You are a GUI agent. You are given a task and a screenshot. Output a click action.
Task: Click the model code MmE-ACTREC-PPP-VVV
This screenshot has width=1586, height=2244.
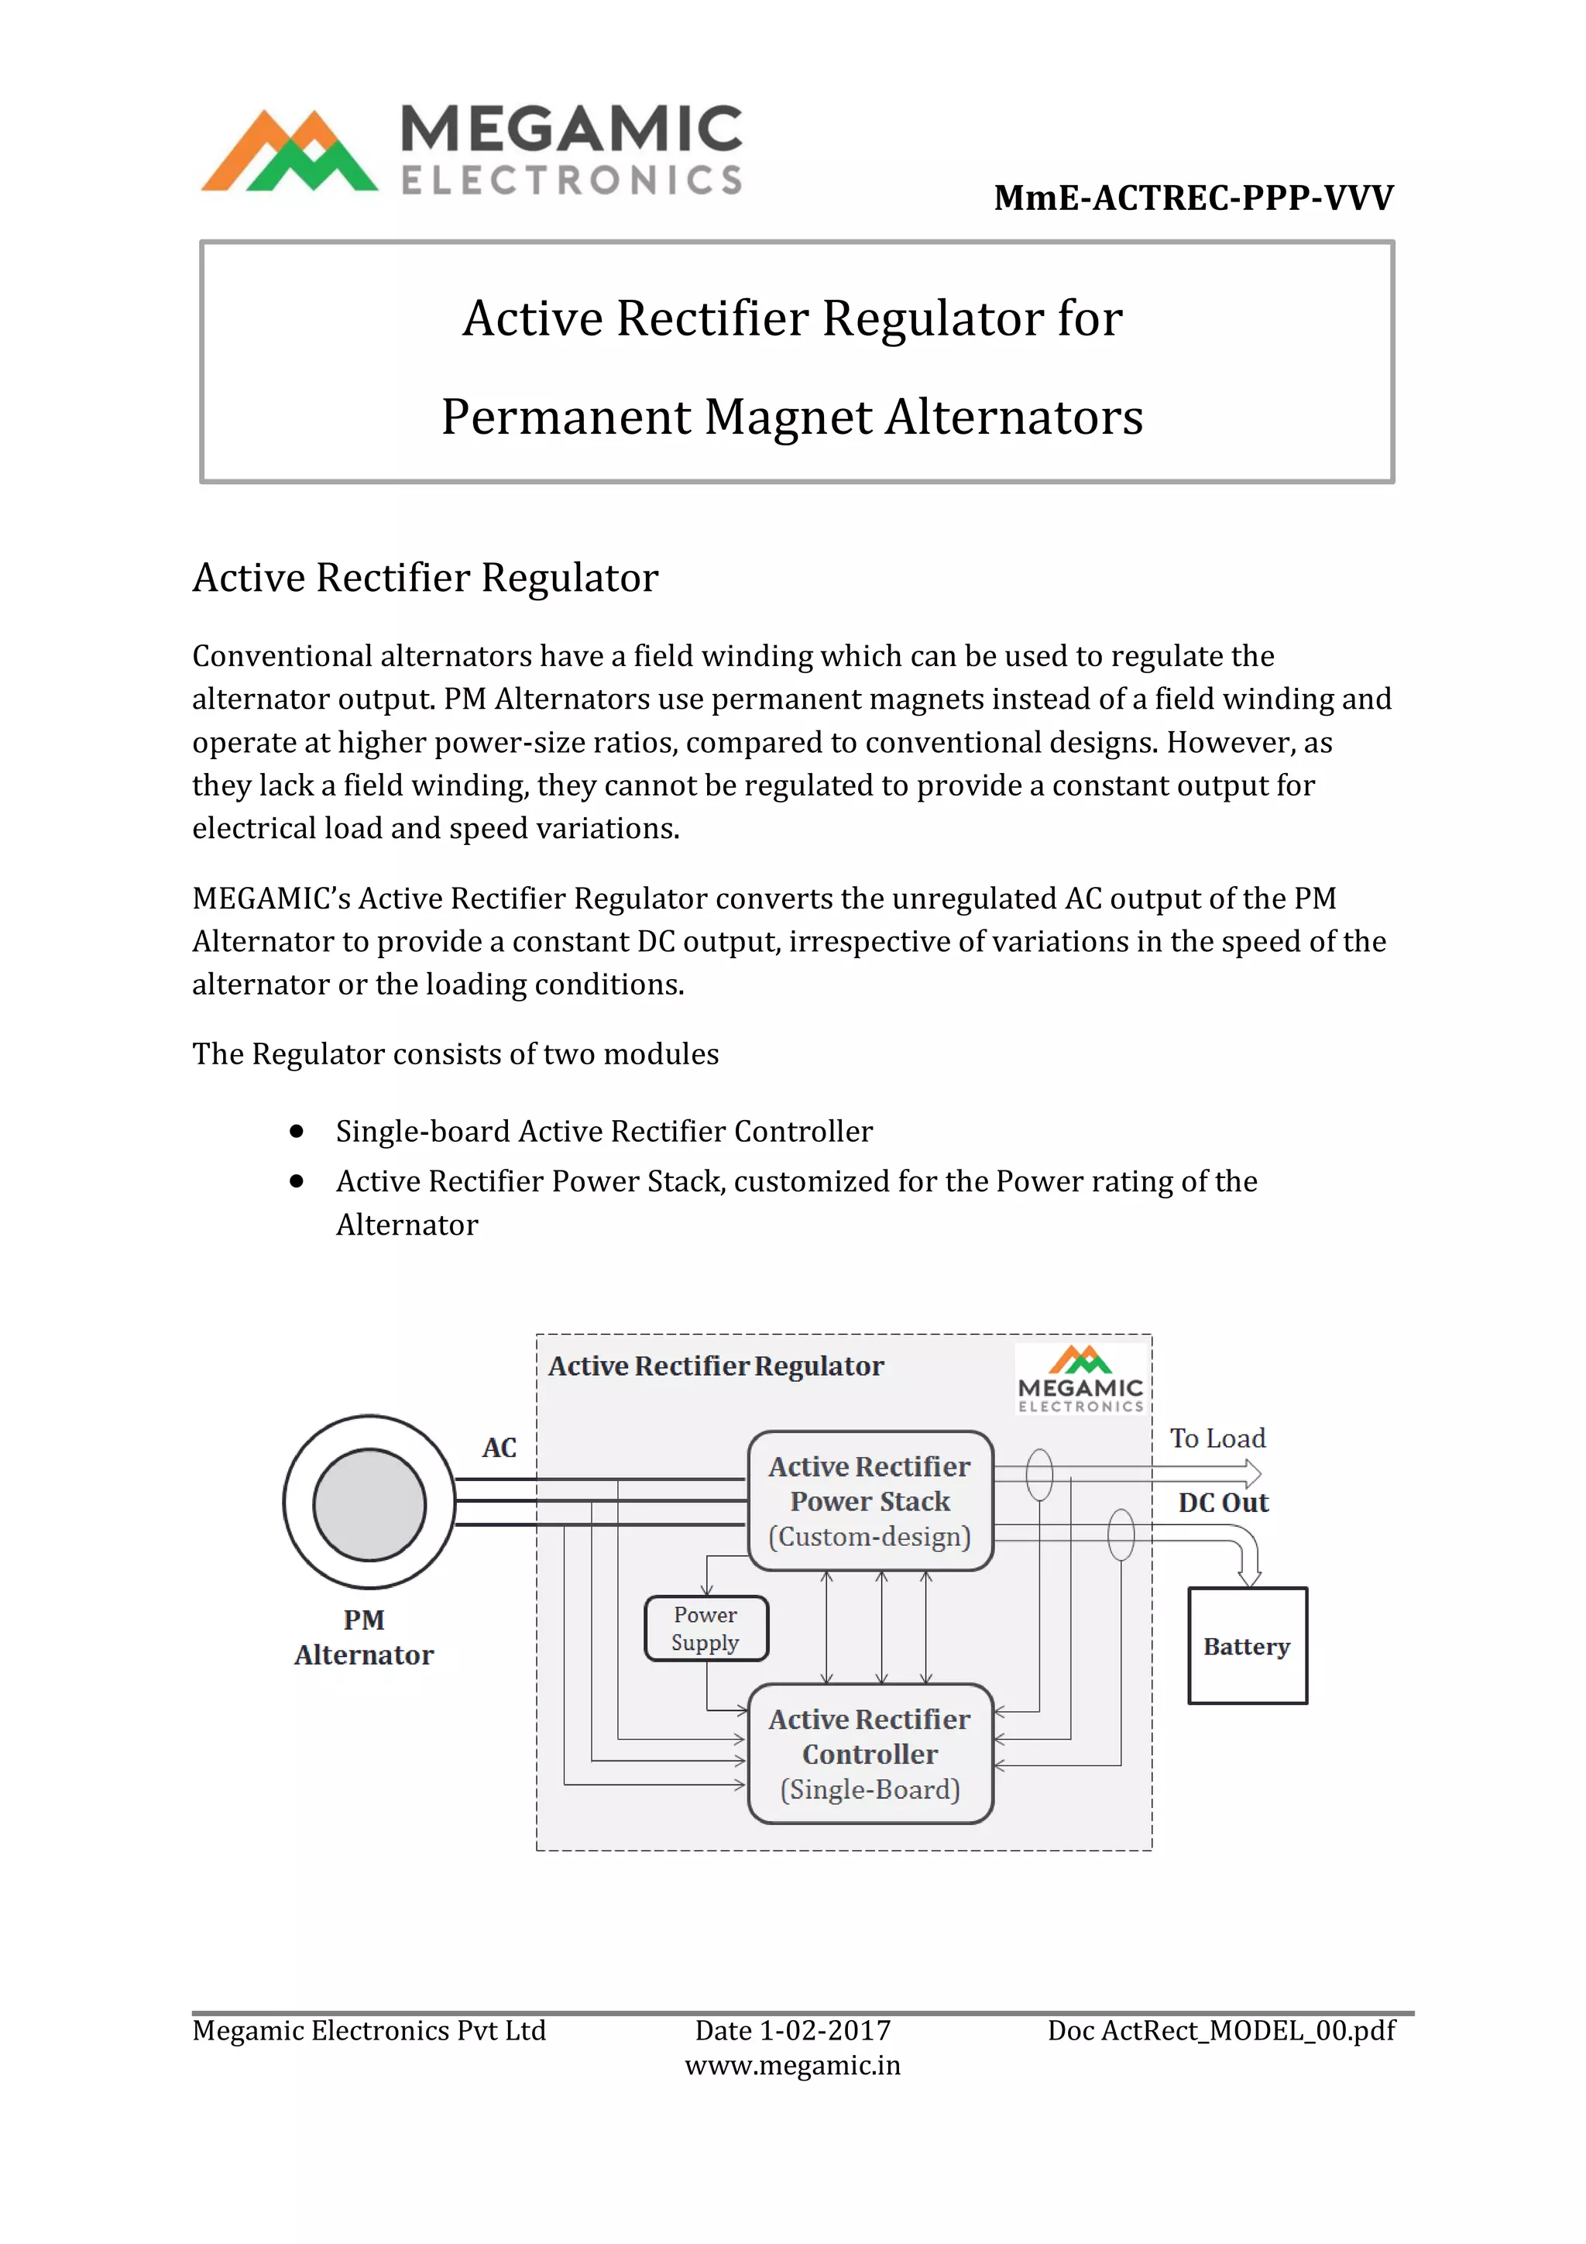pos(1193,198)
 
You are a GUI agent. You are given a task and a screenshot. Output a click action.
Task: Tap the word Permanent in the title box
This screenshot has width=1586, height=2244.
pos(566,418)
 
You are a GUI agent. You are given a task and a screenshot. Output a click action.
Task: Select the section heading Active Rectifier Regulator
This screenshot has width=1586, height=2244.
pos(425,578)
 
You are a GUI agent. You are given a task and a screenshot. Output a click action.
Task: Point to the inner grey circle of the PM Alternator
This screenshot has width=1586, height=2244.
pos(369,1504)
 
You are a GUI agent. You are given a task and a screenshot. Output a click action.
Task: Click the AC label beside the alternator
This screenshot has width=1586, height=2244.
pos(499,1448)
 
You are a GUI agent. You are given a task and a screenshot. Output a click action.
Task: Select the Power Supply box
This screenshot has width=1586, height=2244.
pos(705,1628)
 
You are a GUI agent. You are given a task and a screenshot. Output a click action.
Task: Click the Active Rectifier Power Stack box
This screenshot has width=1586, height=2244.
pos(870,1501)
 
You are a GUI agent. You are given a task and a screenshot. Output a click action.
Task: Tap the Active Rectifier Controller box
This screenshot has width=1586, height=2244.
pos(870,1754)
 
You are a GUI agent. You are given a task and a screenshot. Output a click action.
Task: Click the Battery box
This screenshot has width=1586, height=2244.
pos(1247,1646)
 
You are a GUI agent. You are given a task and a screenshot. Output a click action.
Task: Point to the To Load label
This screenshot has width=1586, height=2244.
pos(1217,1438)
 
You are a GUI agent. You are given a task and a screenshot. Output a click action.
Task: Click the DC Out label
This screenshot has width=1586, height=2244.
pos(1223,1503)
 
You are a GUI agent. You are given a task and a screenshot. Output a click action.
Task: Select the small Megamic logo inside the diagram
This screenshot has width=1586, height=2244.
pos(1080,1379)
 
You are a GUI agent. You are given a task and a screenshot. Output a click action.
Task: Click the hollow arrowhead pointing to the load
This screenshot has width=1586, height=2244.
pos(1251,1473)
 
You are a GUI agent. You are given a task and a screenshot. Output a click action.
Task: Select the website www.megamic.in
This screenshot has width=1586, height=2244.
pos(792,2065)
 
